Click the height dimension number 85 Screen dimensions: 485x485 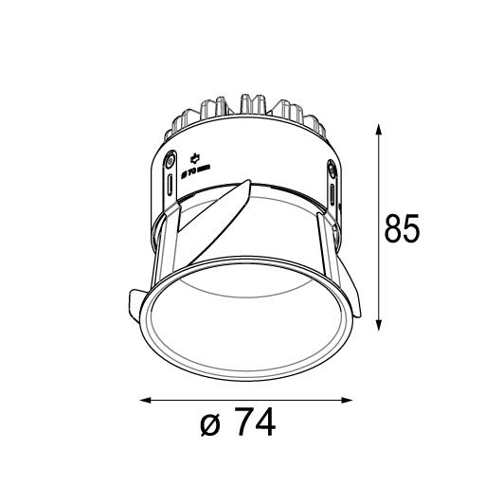tap(403, 229)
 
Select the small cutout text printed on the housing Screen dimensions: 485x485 tap(194, 171)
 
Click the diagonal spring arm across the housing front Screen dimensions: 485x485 tap(213, 218)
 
